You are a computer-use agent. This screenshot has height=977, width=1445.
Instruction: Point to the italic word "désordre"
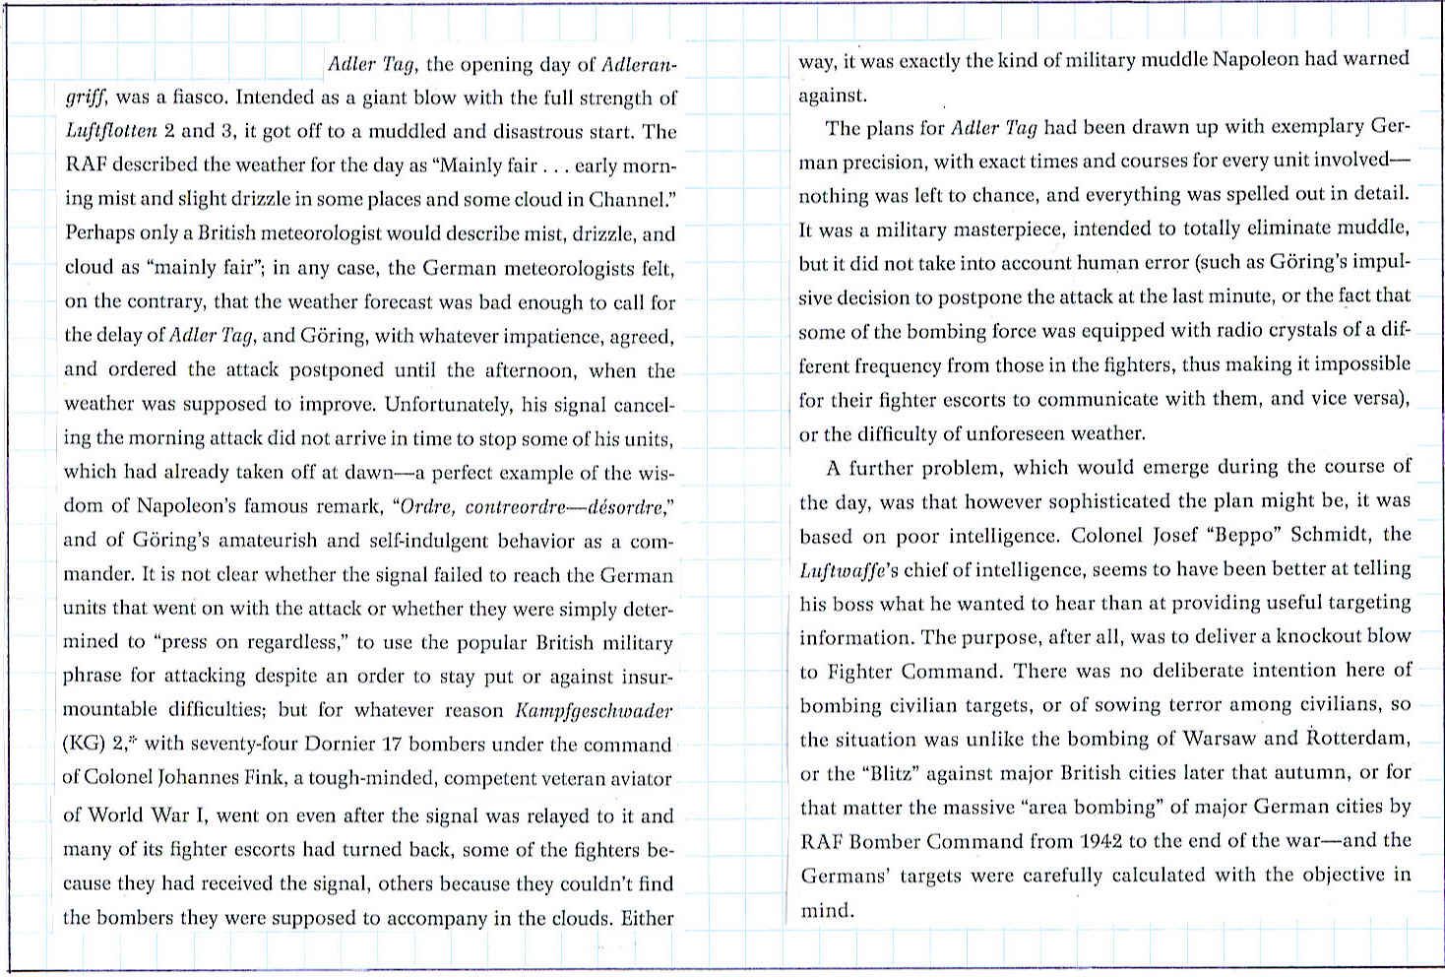coord(625,507)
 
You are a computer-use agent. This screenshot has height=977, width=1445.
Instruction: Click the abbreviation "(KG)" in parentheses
coord(82,745)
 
